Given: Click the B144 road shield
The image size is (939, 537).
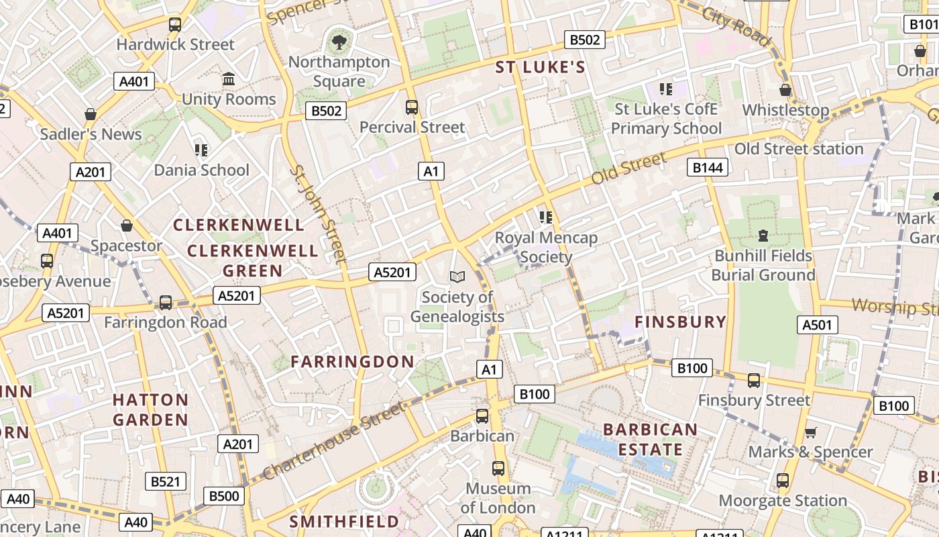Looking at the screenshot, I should coord(708,167).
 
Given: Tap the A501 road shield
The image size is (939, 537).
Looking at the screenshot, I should coord(818,325).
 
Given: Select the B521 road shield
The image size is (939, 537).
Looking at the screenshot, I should coord(166,481).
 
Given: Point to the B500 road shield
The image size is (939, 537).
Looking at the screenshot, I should coord(224,496).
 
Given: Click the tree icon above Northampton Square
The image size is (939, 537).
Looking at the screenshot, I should coord(339,42).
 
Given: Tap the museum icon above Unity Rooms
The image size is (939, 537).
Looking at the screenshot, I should coord(228,79).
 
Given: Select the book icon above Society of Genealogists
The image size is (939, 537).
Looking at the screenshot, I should coord(457,277).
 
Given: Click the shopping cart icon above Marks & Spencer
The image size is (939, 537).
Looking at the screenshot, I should coord(810,433).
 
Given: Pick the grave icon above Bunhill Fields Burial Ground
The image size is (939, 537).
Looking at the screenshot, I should coord(763,236).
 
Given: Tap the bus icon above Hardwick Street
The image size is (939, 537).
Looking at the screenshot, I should coord(175,25).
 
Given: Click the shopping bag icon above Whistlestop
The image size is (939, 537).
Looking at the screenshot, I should coord(785,90).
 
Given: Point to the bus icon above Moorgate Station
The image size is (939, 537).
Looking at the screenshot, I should coord(783,481).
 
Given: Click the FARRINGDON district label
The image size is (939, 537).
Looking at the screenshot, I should coord(352,361).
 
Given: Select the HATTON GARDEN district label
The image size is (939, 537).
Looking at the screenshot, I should coord(150,409).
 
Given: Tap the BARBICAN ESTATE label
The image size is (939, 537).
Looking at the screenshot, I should coord(650,439).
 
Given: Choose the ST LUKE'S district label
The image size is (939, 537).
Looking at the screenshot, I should coord(541,67).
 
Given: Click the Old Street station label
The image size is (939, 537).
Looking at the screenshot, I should coord(799,148).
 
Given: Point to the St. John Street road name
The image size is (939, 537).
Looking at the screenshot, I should coord(318,213).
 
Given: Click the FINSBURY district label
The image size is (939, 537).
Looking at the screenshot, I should coord(681,322).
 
